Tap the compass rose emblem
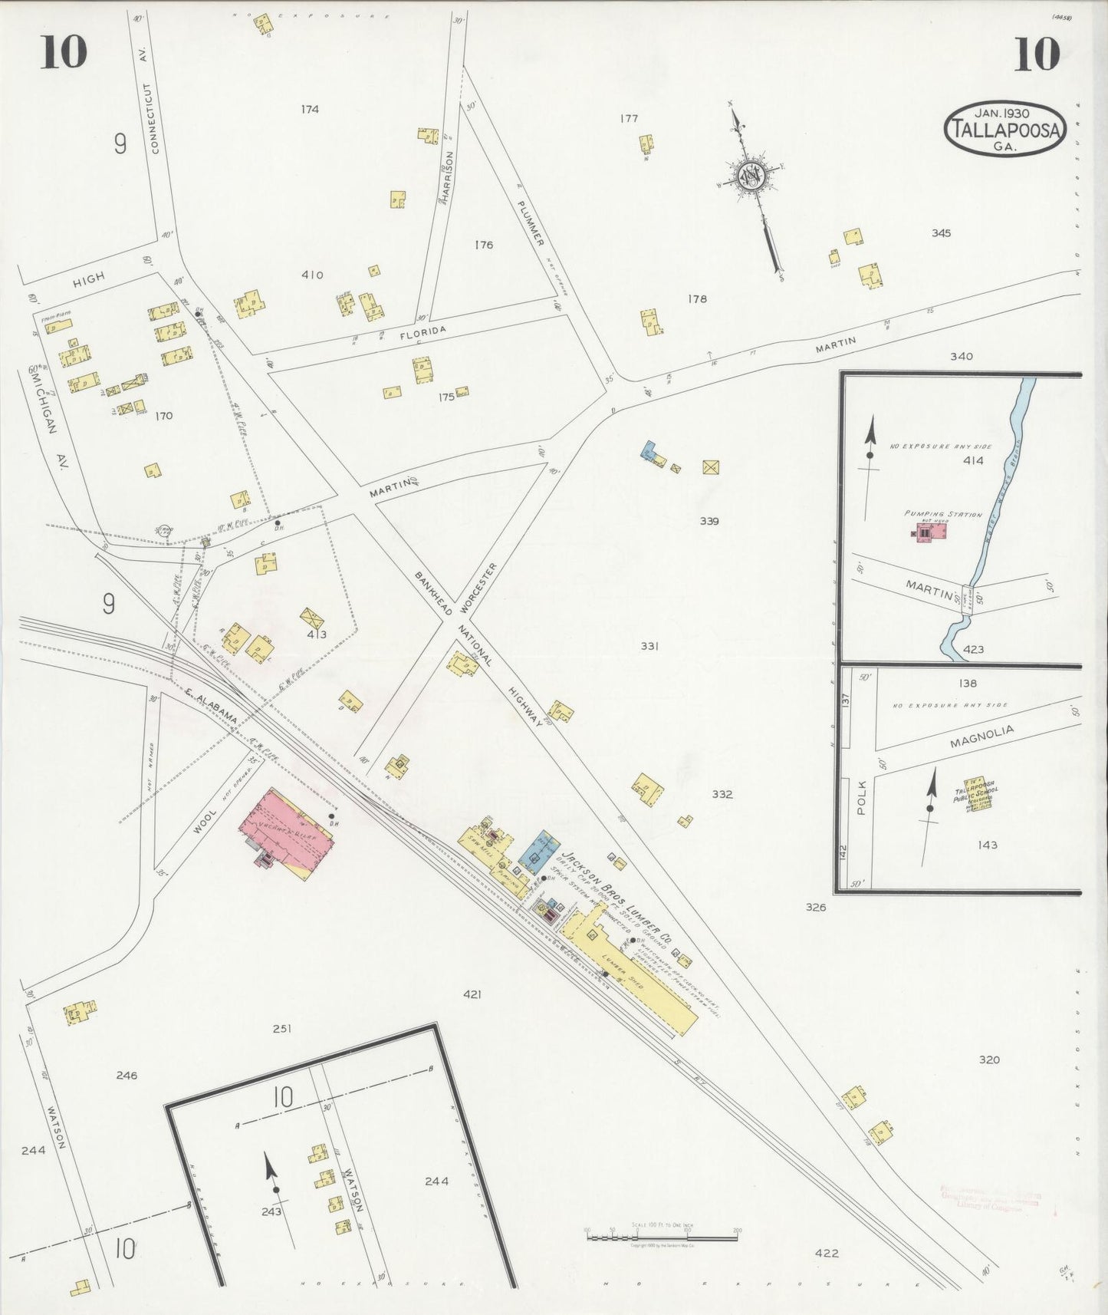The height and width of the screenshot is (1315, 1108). pyautogui.click(x=750, y=177)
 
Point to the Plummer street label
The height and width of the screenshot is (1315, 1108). pyautogui.click(x=530, y=223)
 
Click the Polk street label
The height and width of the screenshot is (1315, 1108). pyautogui.click(x=860, y=799)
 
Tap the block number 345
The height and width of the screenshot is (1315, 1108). pyautogui.click(x=941, y=233)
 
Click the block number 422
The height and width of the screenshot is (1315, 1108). pyautogui.click(x=827, y=1253)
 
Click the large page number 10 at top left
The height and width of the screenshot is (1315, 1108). pyautogui.click(x=64, y=52)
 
